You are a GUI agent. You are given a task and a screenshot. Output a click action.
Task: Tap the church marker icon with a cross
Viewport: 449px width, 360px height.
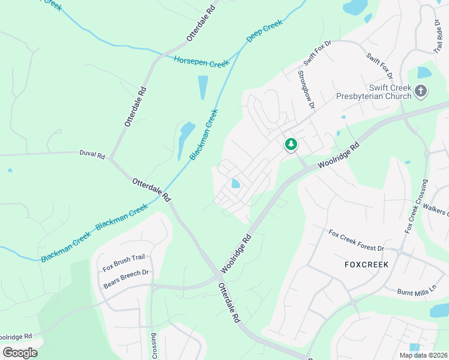coord(421,92)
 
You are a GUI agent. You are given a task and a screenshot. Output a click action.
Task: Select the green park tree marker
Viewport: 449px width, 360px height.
coord(291,144)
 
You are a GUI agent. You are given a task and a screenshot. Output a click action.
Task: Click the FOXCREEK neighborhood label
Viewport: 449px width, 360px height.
coord(366,264)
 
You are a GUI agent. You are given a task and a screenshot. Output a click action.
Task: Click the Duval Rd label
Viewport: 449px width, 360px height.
coord(92,154)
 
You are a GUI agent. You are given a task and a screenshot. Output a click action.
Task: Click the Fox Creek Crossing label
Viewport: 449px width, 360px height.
coord(417,206)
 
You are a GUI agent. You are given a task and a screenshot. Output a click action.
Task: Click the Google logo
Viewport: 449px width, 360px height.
coord(20,352)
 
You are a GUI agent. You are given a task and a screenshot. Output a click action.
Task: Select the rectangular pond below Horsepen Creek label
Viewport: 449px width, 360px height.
coord(203,87)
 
